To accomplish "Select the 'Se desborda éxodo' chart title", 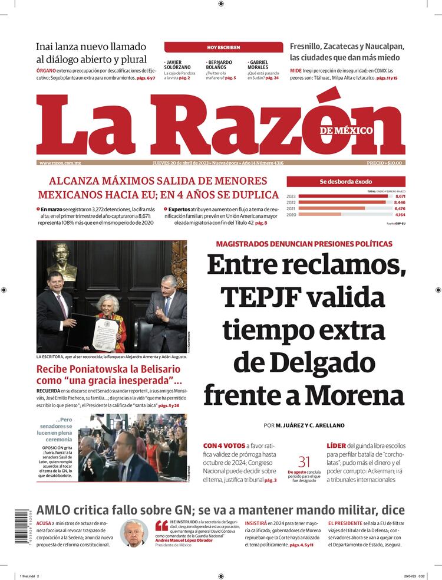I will click(346, 182).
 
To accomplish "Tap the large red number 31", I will click(304, 462).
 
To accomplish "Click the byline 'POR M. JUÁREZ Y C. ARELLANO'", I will click(304, 425).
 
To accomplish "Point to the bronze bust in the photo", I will click(62, 261).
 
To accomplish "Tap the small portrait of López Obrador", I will click(134, 533).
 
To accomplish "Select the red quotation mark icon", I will click(161, 526).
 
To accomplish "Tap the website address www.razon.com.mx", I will click(60, 163).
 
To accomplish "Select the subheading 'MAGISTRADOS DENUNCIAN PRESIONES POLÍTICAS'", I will click(304, 244).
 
